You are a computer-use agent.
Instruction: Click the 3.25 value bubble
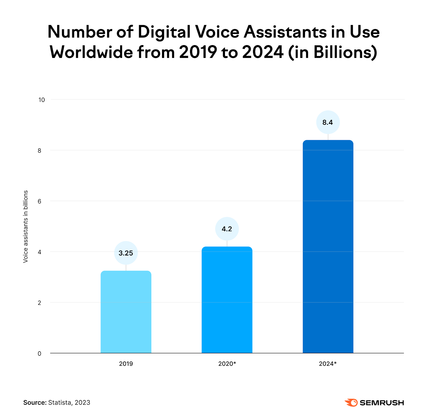click(126, 253)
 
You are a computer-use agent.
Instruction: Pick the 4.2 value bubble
click(227, 229)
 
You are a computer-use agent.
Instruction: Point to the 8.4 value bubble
click(328, 122)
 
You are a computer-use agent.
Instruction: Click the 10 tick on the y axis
click(42, 100)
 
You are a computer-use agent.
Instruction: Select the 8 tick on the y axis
click(39, 151)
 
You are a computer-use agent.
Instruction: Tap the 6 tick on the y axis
click(39, 201)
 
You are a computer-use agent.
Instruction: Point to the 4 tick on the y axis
click(39, 252)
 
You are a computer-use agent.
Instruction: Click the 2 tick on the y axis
click(39, 303)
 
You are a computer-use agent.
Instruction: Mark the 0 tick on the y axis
click(39, 353)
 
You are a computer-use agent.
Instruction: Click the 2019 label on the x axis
click(126, 364)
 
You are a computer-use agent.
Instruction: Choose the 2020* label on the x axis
click(227, 364)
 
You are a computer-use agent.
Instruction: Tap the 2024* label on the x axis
click(328, 364)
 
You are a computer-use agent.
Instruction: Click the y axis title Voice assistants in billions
click(26, 226)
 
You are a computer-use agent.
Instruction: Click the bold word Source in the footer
click(35, 403)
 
